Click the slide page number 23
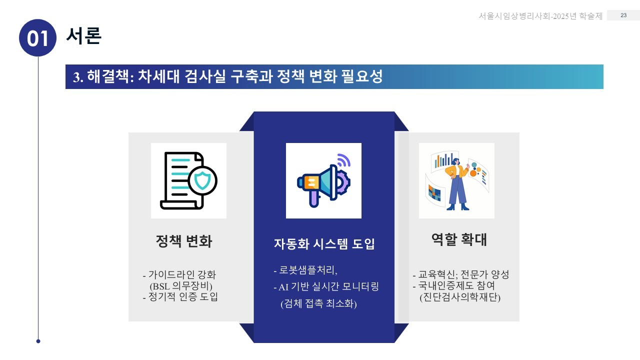click(x=623, y=15)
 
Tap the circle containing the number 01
click(x=37, y=38)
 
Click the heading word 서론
click(x=84, y=35)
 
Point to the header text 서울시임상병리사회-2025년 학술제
click(x=540, y=16)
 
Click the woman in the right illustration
click(x=457, y=183)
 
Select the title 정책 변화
click(x=184, y=241)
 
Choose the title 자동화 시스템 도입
click(x=324, y=244)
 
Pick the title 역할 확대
click(x=459, y=240)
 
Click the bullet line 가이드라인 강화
click(x=182, y=275)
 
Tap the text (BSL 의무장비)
click(x=181, y=286)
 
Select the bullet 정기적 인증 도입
click(x=180, y=297)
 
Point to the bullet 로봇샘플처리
click(x=306, y=270)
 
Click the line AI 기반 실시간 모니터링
click(x=326, y=287)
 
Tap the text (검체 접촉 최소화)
click(x=318, y=304)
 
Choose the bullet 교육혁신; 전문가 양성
click(x=461, y=274)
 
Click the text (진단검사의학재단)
click(x=460, y=297)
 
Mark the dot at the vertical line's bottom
click(x=38, y=341)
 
